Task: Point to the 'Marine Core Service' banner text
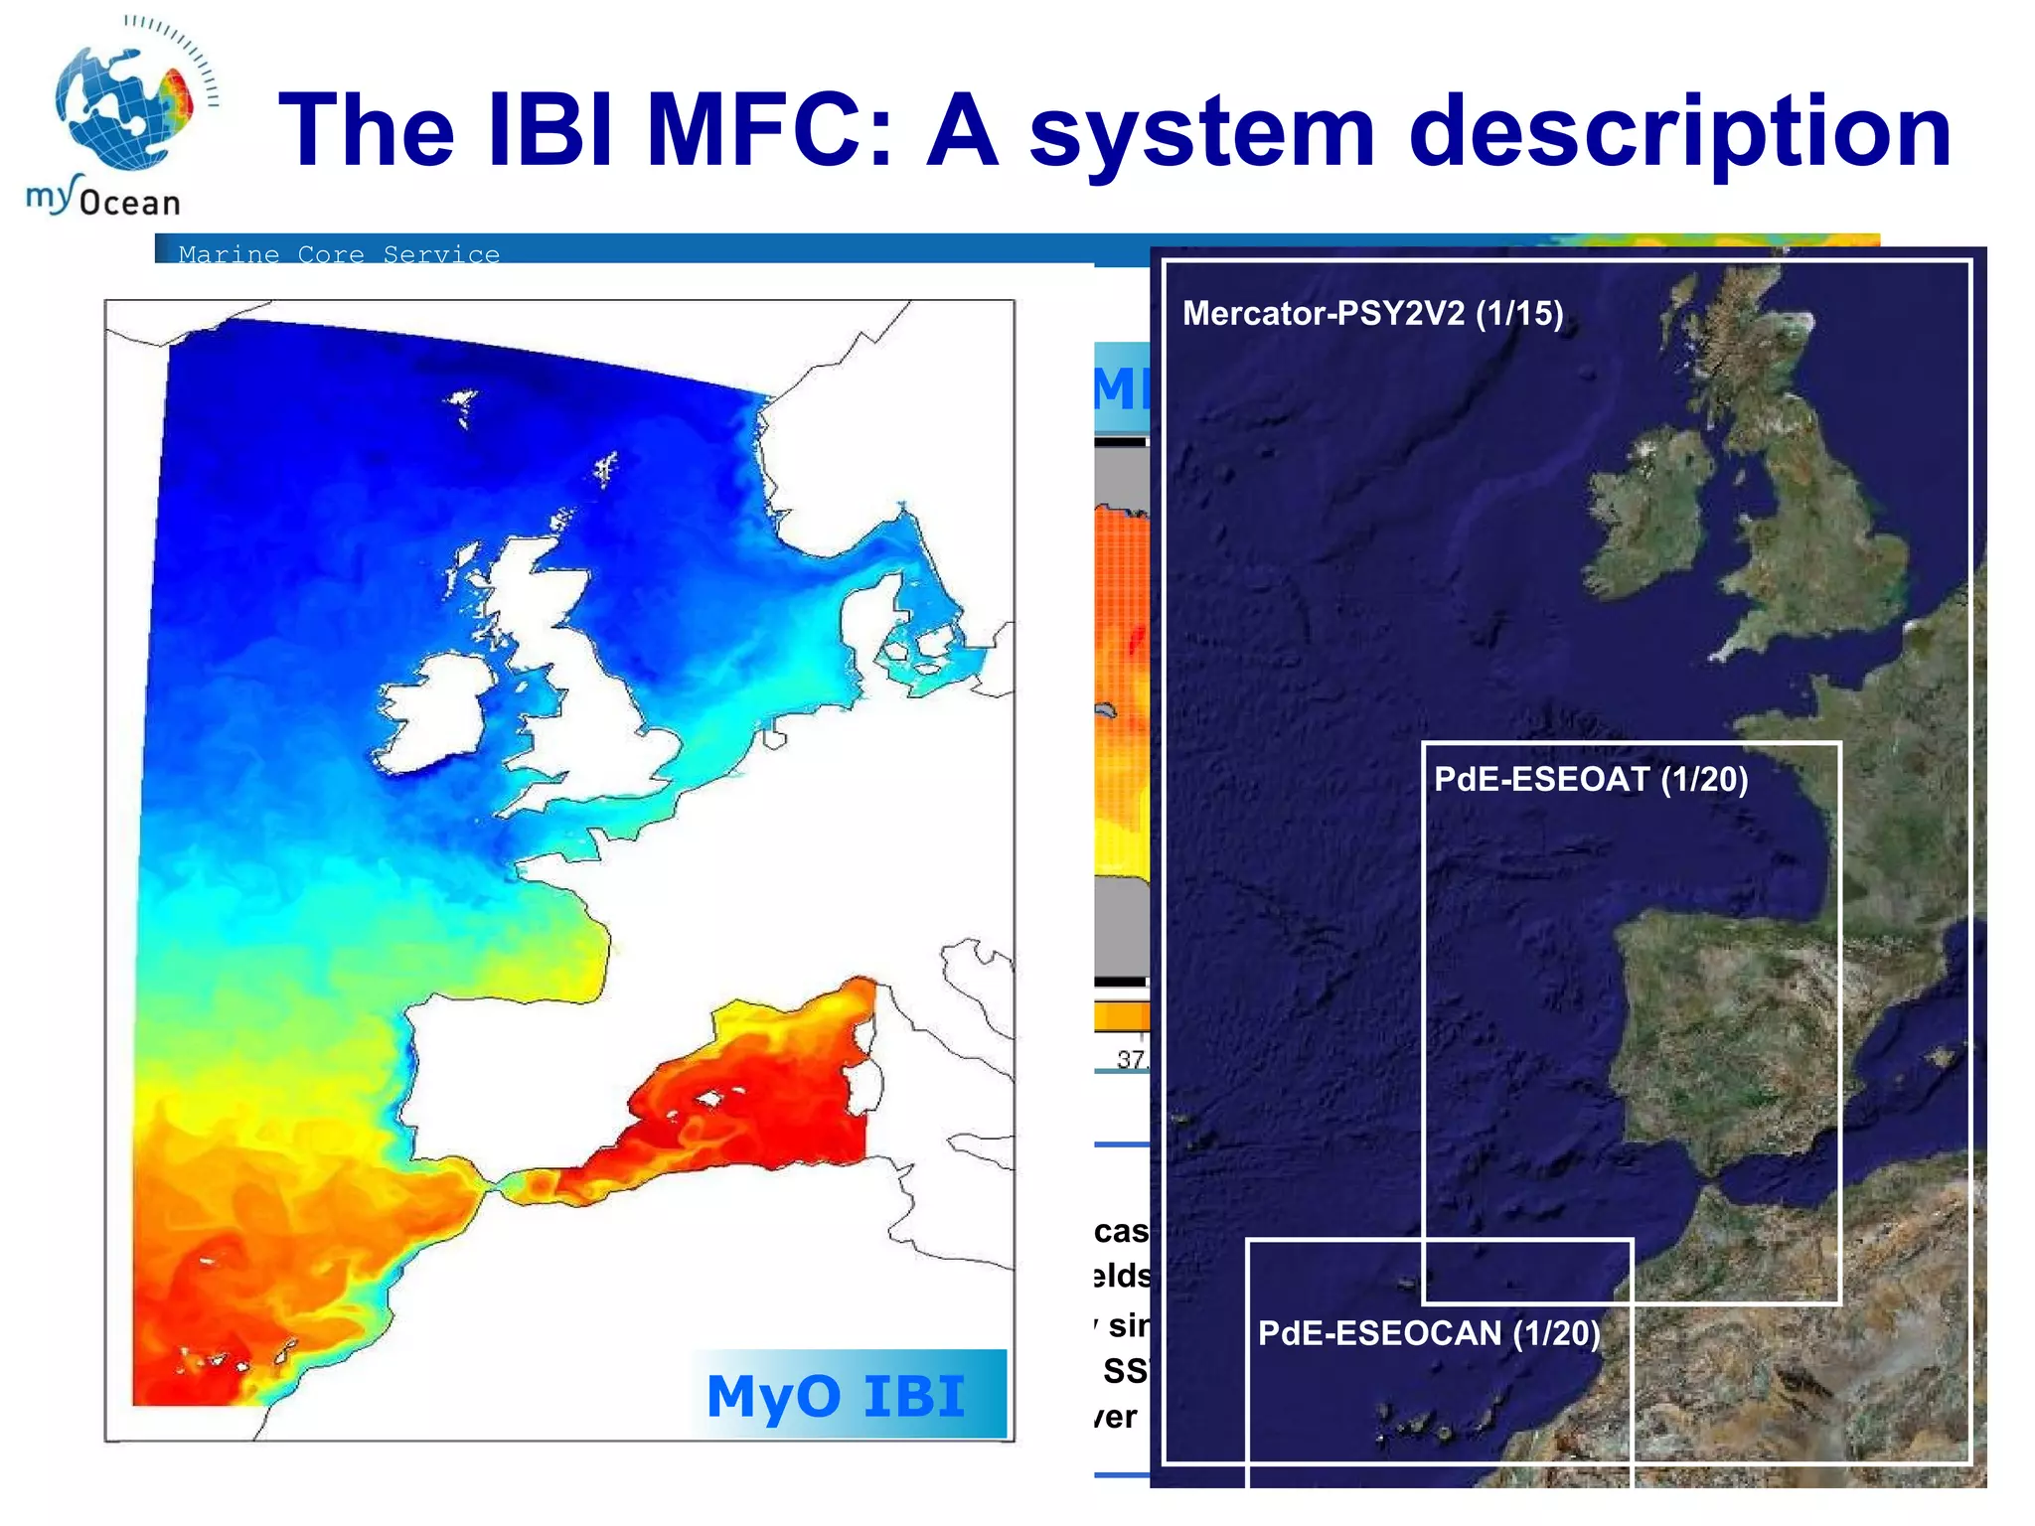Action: tap(339, 254)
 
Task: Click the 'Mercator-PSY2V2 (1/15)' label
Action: tap(1372, 314)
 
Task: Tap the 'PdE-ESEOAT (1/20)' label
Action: tap(1590, 779)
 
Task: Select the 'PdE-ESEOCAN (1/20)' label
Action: tap(1429, 1333)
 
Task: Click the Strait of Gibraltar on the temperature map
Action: tap(490, 1185)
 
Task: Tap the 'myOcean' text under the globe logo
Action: tap(103, 199)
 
